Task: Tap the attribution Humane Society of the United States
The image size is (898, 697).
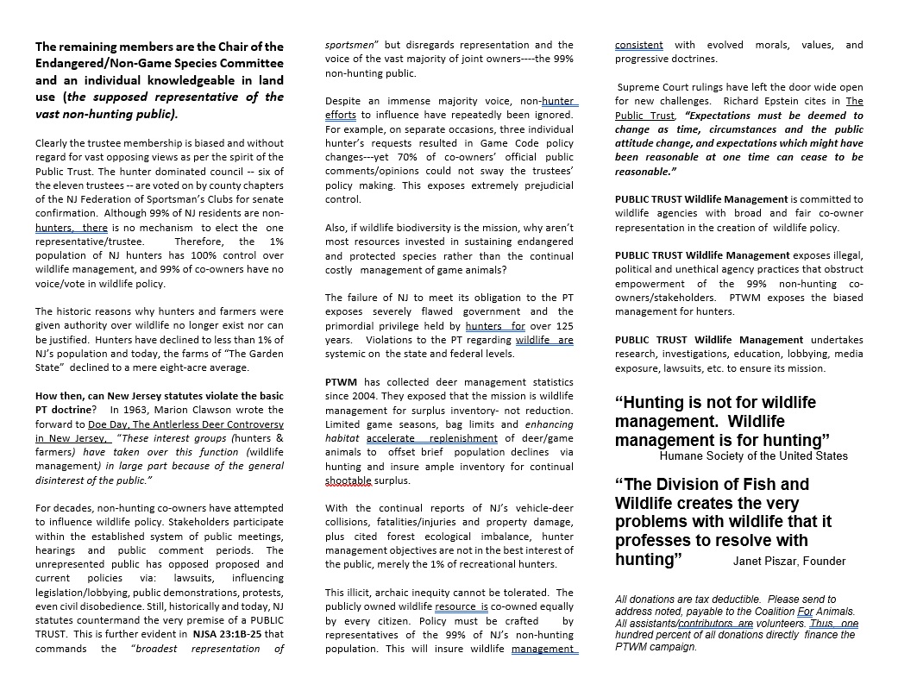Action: (753, 455)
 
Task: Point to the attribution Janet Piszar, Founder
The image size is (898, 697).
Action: (789, 561)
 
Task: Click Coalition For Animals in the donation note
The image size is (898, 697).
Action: (783, 612)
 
